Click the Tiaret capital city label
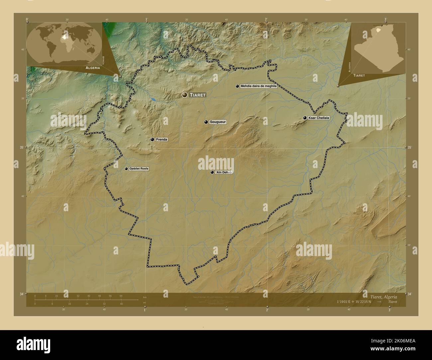point(198,95)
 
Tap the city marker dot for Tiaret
point(185,95)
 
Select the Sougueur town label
point(218,122)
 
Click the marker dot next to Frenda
point(152,140)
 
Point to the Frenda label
point(161,140)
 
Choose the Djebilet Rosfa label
point(139,169)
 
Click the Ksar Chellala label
point(318,118)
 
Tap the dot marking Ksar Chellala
point(305,118)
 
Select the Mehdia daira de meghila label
point(259,86)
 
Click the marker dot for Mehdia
point(237,86)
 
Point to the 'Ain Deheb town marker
point(212,172)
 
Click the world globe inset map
point(64,43)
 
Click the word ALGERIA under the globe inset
point(93,67)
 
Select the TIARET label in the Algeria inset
point(359,76)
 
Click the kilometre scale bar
point(78,300)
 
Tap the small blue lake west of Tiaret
point(153,99)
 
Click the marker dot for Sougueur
point(206,122)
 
